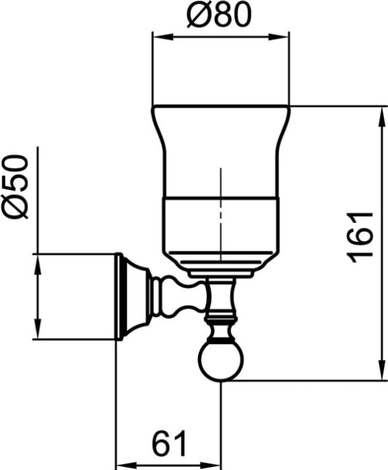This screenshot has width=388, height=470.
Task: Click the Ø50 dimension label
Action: [x=16, y=186]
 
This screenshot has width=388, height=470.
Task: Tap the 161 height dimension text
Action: [x=361, y=235]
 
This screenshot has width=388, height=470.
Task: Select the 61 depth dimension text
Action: [x=169, y=446]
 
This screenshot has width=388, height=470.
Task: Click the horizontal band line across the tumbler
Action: [x=221, y=200]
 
